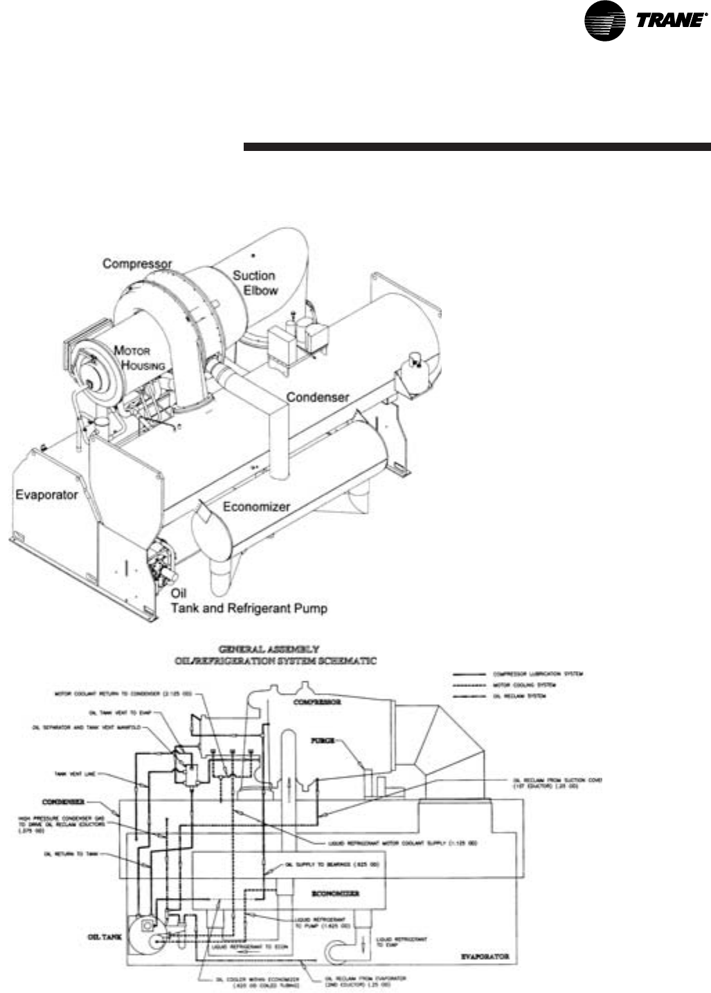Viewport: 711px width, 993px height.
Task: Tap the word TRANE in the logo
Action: [x=668, y=21]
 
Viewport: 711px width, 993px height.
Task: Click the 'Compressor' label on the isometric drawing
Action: [x=137, y=264]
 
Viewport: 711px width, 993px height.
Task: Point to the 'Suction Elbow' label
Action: [x=255, y=283]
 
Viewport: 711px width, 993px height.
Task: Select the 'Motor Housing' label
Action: [x=139, y=358]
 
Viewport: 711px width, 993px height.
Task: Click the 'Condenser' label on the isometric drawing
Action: [x=318, y=397]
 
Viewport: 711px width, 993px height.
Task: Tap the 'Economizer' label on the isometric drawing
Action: [x=256, y=507]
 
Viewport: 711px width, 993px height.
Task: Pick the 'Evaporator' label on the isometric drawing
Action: [x=46, y=495]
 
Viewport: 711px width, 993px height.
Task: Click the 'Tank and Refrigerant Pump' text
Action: [x=249, y=609]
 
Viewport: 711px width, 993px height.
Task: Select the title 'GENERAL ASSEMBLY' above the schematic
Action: [x=269, y=650]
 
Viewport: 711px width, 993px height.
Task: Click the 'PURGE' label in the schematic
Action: [x=323, y=740]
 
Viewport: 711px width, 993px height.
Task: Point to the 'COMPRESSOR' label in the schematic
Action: [x=317, y=702]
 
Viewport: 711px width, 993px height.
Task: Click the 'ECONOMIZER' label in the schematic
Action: [x=336, y=894]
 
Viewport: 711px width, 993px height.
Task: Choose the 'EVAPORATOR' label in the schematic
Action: [x=485, y=956]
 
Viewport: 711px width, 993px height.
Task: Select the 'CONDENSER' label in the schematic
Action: [x=63, y=802]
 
